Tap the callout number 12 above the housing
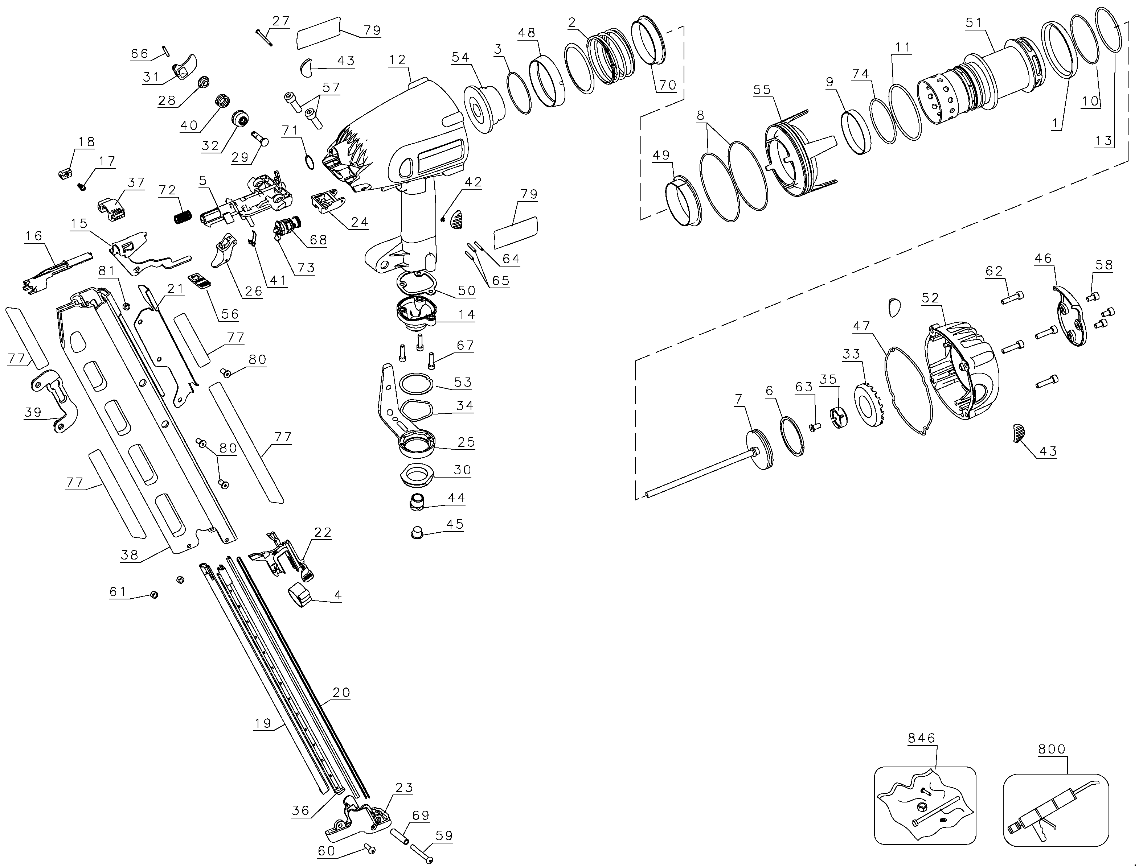pyautogui.click(x=398, y=60)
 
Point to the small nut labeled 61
pyautogui.click(x=153, y=595)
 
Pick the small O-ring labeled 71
pyautogui.click(x=309, y=162)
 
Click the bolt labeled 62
pyautogui.click(x=1012, y=298)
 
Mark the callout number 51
pyautogui.click(x=974, y=23)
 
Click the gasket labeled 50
pyautogui.click(x=417, y=282)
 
